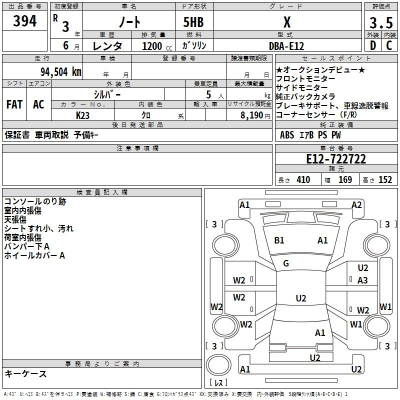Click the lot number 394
coord(24,20)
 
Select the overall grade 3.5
coord(381,23)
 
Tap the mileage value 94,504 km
coord(61,72)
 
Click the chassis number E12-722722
coord(336,159)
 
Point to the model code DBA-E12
coord(286,46)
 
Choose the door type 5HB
coord(193,22)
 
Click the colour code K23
coord(82,115)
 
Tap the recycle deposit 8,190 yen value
coord(255,115)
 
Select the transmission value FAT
coord(14,104)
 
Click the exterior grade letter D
coord(373,45)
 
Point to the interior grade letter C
coord(389,45)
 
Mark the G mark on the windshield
coord(286,263)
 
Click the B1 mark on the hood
coord(279,240)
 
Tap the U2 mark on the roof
coord(301,298)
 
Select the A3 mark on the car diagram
coord(362,280)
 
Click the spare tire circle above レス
coord(218,365)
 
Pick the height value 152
coord(385,179)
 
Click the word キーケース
coord(26,373)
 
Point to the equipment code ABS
coord(287,135)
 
